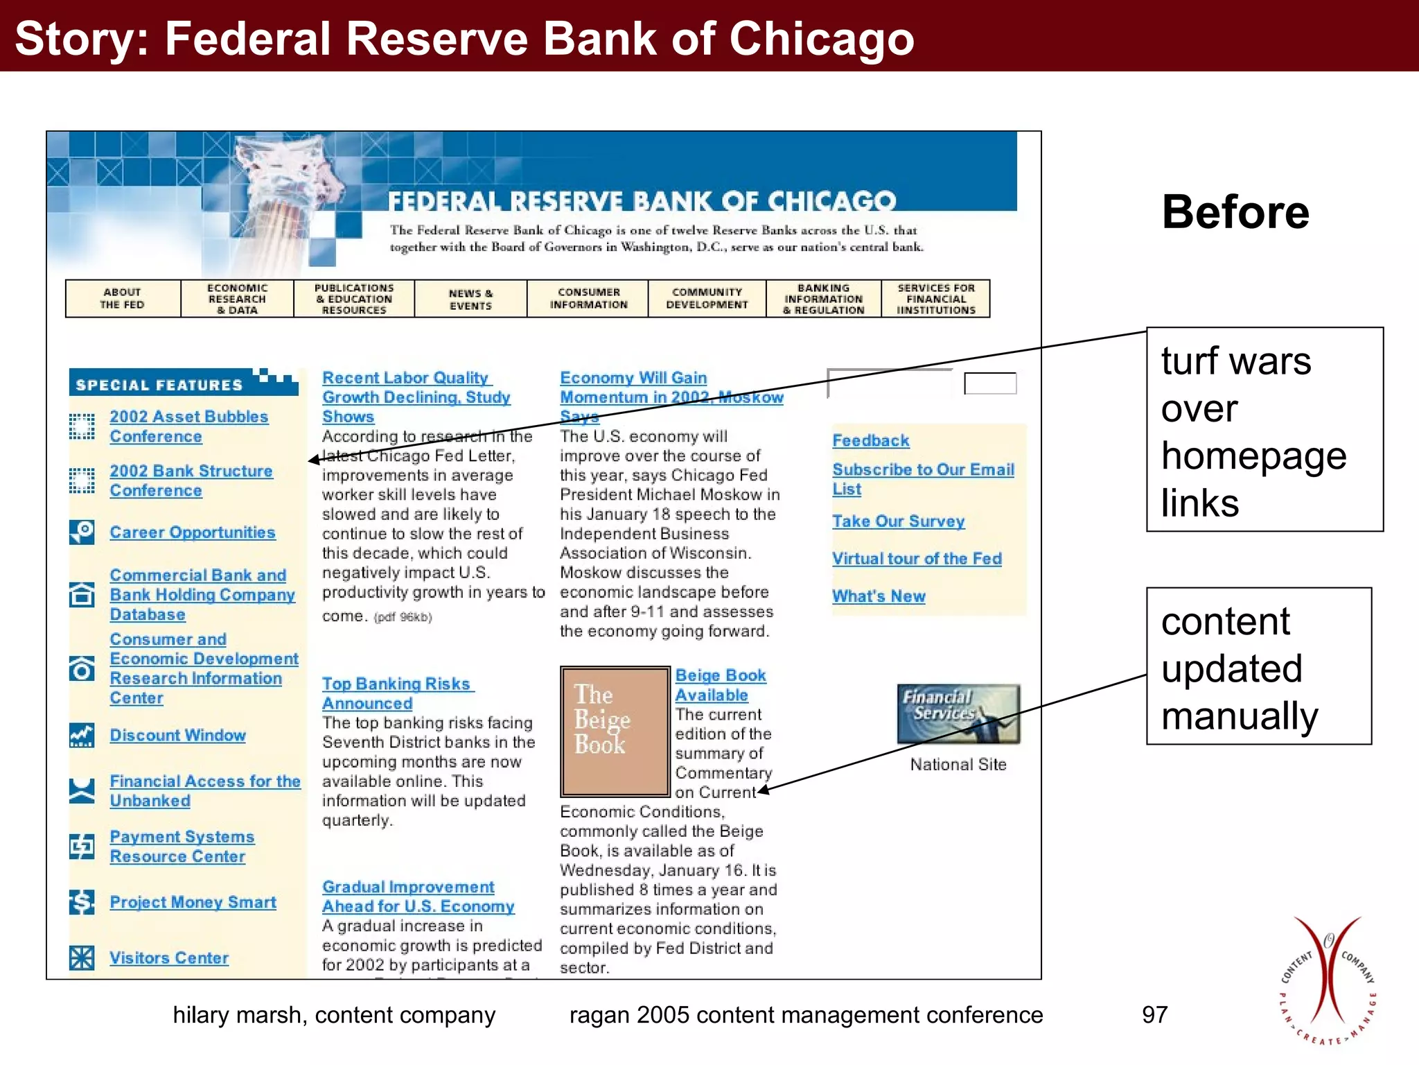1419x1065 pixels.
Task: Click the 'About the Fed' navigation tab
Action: pyautogui.click(x=123, y=299)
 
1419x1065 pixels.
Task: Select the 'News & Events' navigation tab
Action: pyautogui.click(x=470, y=299)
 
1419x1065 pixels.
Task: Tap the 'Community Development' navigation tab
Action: pyautogui.click(x=707, y=299)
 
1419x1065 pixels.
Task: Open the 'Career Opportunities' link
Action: pyautogui.click(x=192, y=532)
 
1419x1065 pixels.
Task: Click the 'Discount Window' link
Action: pyautogui.click(x=177, y=736)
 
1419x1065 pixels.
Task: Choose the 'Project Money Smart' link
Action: pyautogui.click(x=193, y=902)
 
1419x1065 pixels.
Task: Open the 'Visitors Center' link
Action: pyautogui.click(x=169, y=958)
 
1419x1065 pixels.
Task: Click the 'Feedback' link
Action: pyautogui.click(x=870, y=441)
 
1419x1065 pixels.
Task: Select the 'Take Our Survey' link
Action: pyautogui.click(x=898, y=521)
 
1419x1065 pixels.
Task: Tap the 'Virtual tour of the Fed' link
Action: pyautogui.click(x=917, y=559)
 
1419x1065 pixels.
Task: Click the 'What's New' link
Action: pyautogui.click(x=879, y=596)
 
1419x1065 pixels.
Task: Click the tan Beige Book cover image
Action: pyautogui.click(x=615, y=731)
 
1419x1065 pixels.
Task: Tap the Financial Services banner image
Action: pyautogui.click(x=958, y=714)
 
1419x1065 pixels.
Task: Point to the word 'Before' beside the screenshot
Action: pyautogui.click(x=1235, y=212)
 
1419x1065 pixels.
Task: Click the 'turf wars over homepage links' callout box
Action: pyautogui.click(x=1264, y=430)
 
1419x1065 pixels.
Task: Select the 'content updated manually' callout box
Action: pyautogui.click(x=1258, y=666)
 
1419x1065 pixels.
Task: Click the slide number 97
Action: pyautogui.click(x=1154, y=1015)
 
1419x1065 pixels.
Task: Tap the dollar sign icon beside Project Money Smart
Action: pyautogui.click(x=82, y=902)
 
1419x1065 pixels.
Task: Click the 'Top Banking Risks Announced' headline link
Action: pyautogui.click(x=396, y=693)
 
